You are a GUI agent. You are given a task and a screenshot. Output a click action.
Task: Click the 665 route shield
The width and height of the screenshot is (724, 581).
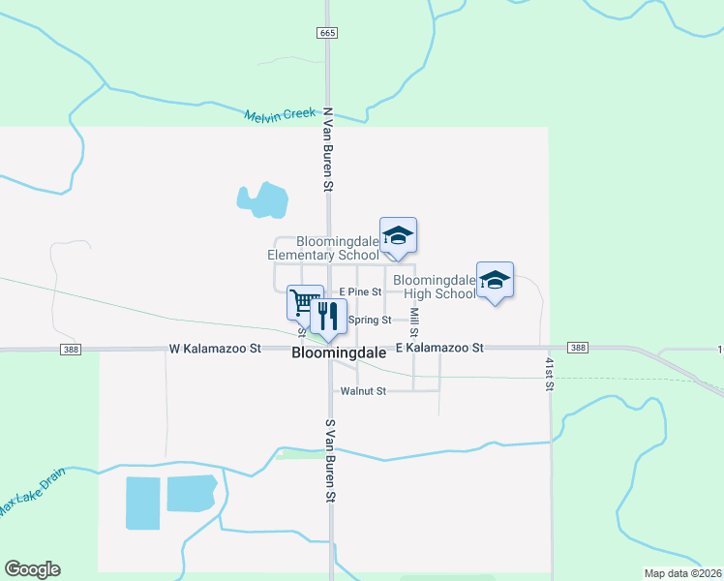(327, 32)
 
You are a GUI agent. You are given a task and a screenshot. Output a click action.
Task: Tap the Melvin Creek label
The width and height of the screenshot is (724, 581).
(280, 114)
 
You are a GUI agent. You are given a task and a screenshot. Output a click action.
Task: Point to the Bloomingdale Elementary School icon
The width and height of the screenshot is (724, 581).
(398, 235)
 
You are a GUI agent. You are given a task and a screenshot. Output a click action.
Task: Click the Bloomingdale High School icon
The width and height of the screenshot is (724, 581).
(495, 280)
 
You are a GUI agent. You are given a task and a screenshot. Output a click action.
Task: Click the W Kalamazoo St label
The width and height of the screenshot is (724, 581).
(215, 347)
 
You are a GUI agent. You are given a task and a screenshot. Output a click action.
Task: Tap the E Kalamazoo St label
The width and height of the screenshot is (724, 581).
(439, 347)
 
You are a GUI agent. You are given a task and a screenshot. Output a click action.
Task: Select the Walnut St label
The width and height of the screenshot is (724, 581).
(363, 391)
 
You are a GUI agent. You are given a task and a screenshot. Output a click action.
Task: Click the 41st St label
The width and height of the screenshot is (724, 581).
(548, 373)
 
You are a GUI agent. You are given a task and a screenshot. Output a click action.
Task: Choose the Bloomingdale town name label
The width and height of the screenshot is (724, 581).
(339, 354)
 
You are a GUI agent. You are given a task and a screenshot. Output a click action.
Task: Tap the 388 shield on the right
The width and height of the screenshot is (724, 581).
(578, 348)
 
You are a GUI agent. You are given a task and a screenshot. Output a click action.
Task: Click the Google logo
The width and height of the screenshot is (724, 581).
(32, 569)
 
